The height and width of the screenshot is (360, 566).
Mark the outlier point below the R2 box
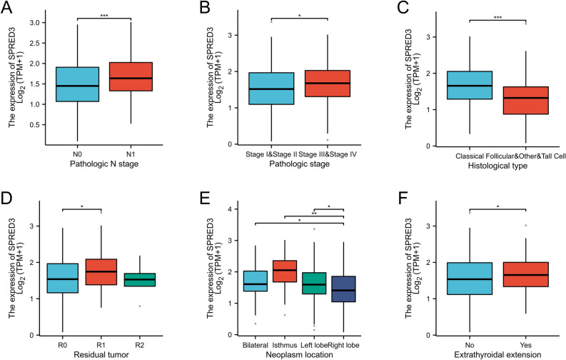click(x=108, y=306)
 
